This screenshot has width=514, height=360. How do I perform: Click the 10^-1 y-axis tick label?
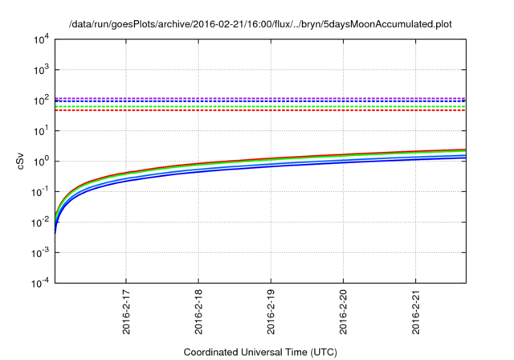pos(39,191)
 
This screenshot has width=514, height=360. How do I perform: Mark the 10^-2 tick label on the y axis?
pos(39,222)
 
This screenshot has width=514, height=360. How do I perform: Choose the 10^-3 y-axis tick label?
pos(39,252)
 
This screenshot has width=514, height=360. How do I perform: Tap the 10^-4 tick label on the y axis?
pos(39,283)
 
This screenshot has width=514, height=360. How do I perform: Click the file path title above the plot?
pos(261,24)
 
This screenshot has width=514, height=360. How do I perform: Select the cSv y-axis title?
pos(22,161)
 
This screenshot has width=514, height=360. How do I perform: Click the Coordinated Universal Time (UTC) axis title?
pos(260,352)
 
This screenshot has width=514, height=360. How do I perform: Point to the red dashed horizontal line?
pos(241,110)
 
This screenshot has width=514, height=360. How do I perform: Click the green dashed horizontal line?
pos(241,106)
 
